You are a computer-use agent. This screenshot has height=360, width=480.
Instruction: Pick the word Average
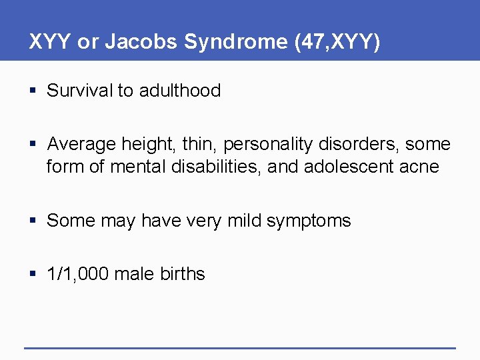pos(83,144)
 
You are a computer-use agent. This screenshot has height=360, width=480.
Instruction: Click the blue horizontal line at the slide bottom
pos(240,347)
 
